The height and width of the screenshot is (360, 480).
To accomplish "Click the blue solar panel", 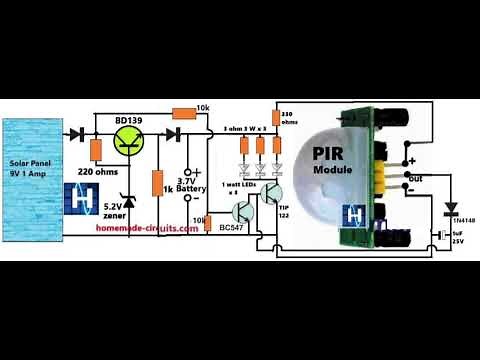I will click(x=34, y=180).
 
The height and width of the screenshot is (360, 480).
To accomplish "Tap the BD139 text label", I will click(x=128, y=122).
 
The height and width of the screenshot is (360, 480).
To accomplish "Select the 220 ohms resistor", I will click(x=96, y=151).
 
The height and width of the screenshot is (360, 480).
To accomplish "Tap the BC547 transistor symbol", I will click(x=241, y=211).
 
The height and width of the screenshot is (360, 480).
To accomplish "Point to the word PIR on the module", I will click(x=330, y=153).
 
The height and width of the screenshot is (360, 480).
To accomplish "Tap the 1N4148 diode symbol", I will click(x=449, y=210).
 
